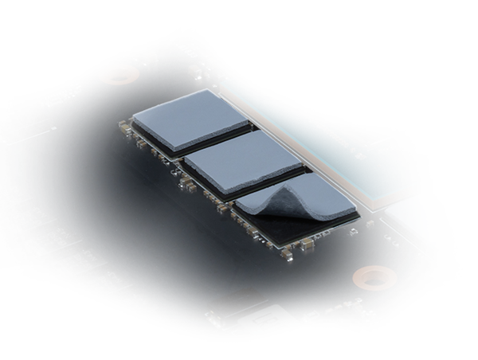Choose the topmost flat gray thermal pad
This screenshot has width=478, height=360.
click(190, 118)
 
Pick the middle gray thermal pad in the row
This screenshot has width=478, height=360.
click(243, 161)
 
